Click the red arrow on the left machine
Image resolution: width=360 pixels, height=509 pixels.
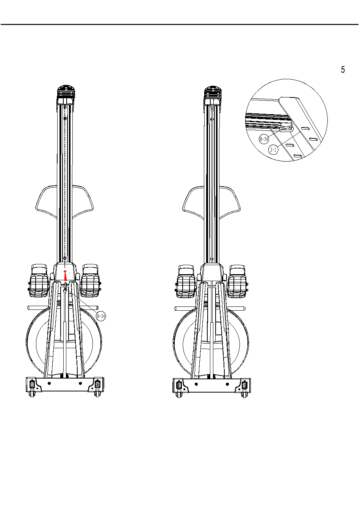[66, 275]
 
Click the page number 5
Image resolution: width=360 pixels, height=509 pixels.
[343, 69]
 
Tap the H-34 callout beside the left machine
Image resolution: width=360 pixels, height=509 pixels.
[101, 316]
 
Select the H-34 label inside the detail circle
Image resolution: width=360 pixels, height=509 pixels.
[264, 139]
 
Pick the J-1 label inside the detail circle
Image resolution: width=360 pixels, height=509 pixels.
[274, 149]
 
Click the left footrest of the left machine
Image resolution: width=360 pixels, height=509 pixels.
[39, 281]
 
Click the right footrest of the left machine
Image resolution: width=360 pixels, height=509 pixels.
[91, 281]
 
